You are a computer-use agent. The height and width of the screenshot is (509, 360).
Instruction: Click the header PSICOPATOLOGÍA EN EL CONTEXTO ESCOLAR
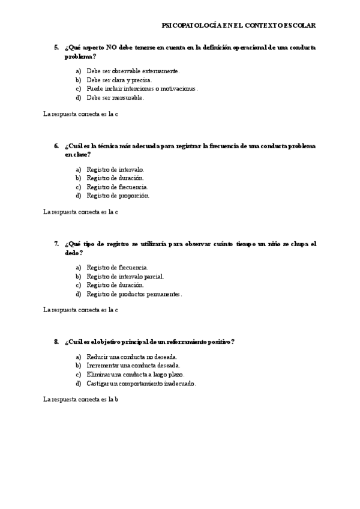[x=239, y=26]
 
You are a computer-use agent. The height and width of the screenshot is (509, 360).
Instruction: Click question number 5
[x=56, y=47]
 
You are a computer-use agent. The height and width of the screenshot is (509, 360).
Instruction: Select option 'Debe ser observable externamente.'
[x=133, y=71]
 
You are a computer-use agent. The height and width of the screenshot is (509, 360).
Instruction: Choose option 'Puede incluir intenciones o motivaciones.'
[x=142, y=89]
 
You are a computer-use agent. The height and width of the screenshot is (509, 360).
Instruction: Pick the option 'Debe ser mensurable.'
[x=115, y=98]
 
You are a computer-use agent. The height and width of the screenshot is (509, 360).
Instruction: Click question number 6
[x=56, y=146]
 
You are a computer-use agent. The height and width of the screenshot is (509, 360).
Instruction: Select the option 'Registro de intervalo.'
[x=115, y=169]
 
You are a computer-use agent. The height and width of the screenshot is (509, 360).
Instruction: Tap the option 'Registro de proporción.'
[x=118, y=196]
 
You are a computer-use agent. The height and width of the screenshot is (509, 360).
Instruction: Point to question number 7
[x=56, y=244]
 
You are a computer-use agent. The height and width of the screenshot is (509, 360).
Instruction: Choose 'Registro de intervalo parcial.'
[x=125, y=277]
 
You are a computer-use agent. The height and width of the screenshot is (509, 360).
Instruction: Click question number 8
[x=56, y=342]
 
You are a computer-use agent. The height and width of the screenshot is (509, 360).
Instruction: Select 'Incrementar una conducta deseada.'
[x=133, y=366]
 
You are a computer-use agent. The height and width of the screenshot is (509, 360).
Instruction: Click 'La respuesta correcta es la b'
[x=80, y=399]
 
